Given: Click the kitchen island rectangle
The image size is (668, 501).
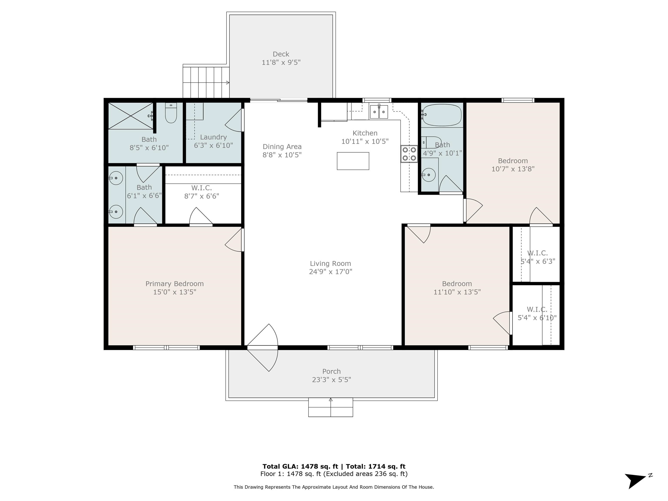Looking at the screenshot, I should (353, 161).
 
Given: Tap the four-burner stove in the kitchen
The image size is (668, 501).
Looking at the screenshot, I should (409, 154).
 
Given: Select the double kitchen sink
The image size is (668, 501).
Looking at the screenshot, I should (379, 112).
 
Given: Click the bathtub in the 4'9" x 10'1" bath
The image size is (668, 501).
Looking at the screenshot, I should (442, 115).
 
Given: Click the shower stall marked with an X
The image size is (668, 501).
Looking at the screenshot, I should (131, 116).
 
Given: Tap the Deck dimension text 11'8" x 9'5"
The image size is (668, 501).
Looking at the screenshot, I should (281, 62).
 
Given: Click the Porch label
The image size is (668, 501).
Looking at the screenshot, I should (331, 371).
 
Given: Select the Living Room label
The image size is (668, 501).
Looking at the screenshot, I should (330, 263).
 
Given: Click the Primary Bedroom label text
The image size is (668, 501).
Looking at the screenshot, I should (175, 284).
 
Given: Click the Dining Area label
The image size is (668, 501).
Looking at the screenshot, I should (282, 147).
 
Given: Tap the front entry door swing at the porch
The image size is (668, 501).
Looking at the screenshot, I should (263, 347).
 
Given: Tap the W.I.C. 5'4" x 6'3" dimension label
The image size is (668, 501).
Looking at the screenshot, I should (538, 261).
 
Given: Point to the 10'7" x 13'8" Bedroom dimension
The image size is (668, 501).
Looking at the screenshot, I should (513, 169).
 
